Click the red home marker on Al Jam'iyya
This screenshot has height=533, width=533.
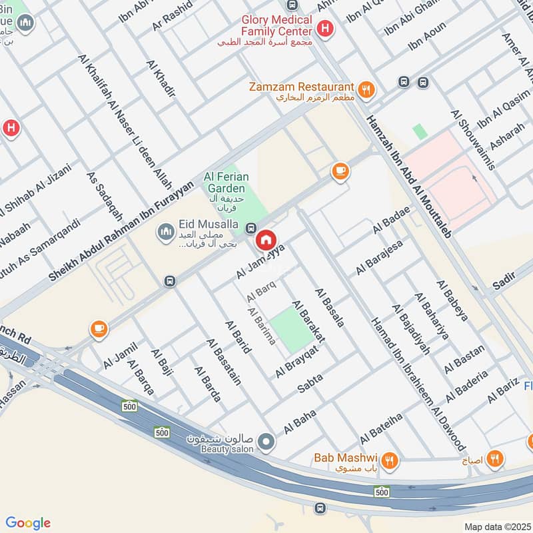(266, 240)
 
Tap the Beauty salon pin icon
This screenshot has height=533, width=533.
(266, 441)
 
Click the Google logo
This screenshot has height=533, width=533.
(28, 523)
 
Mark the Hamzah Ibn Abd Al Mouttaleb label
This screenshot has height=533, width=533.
(409, 175)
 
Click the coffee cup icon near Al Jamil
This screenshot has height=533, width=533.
(99, 329)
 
